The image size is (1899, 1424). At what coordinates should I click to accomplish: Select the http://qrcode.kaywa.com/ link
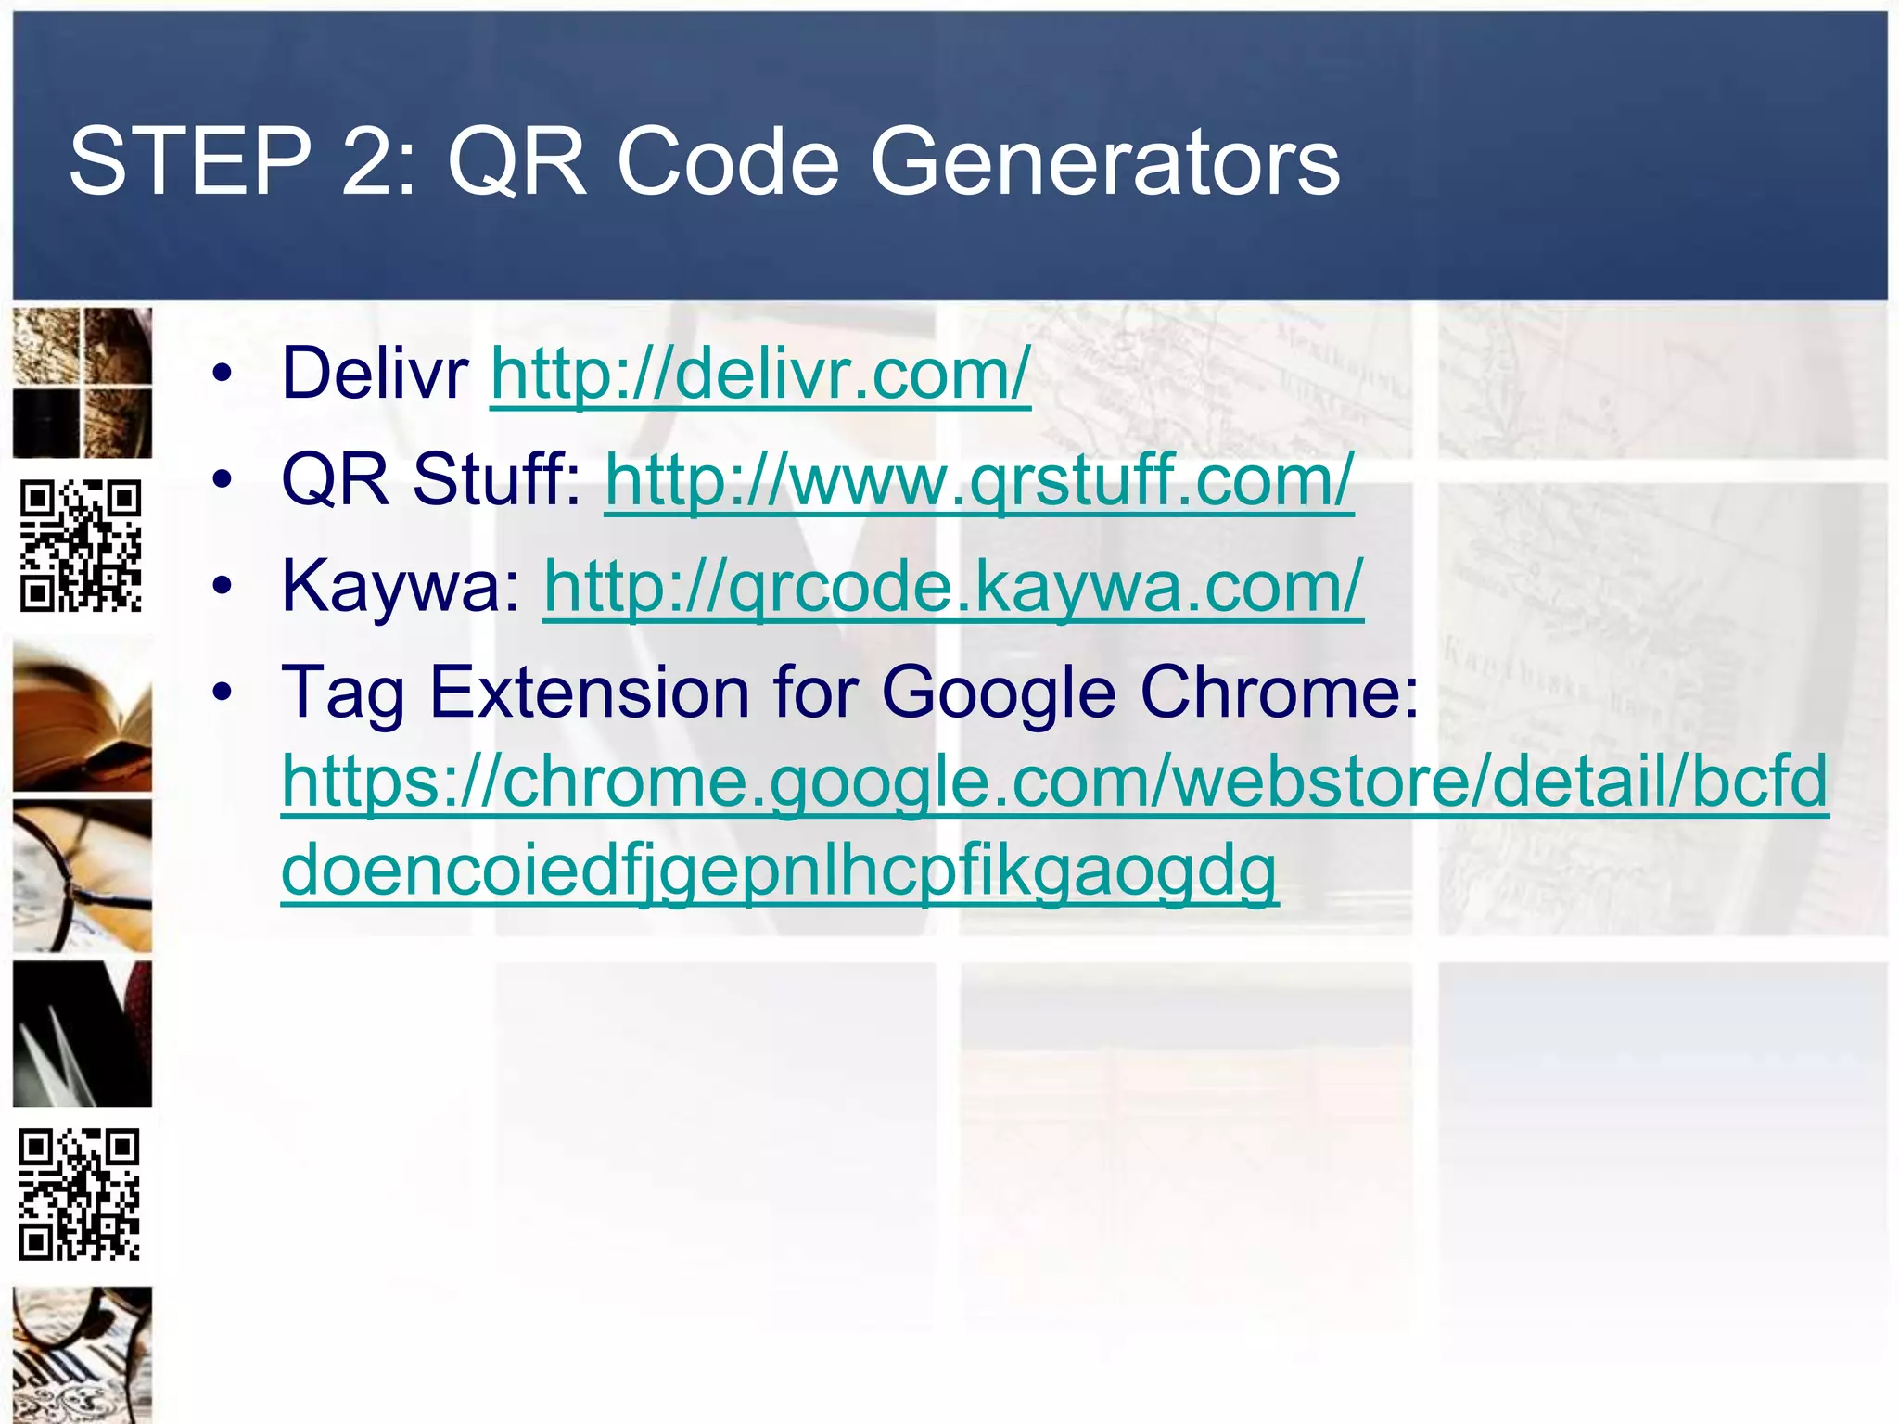(x=953, y=587)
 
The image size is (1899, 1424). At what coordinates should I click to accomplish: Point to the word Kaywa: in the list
(x=401, y=587)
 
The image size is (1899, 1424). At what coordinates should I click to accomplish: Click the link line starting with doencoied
(x=779, y=871)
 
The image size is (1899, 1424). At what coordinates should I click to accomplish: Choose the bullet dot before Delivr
(x=222, y=375)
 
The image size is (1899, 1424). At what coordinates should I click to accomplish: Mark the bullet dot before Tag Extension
(x=222, y=693)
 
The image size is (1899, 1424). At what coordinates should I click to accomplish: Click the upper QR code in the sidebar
(x=82, y=545)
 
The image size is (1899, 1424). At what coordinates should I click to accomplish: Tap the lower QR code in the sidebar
(x=80, y=1194)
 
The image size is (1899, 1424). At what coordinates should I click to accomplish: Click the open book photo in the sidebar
(x=83, y=717)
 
